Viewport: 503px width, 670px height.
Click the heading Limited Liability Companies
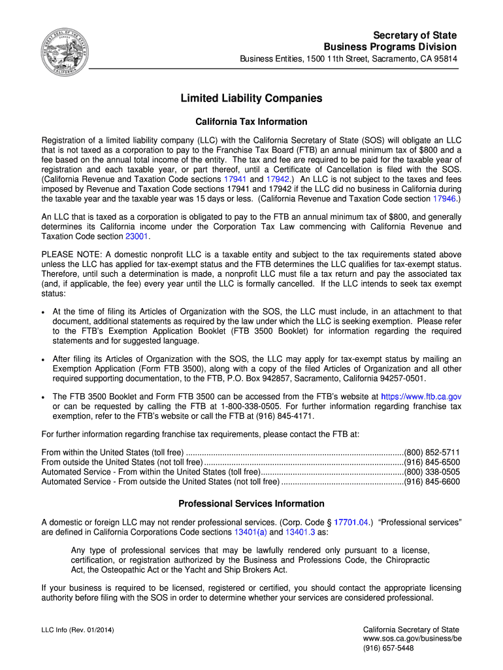click(x=252, y=98)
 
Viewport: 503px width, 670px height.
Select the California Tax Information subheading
click(x=252, y=122)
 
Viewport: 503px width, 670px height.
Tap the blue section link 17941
click(x=235, y=179)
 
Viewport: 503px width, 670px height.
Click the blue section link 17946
click(x=444, y=198)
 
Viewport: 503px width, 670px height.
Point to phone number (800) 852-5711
click(x=432, y=452)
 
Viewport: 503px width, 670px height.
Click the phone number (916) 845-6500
click(x=432, y=462)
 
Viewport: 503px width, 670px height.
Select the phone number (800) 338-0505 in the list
click(x=432, y=472)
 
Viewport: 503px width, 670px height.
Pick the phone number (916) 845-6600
click(x=432, y=482)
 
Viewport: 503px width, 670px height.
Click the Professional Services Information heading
click(x=252, y=504)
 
